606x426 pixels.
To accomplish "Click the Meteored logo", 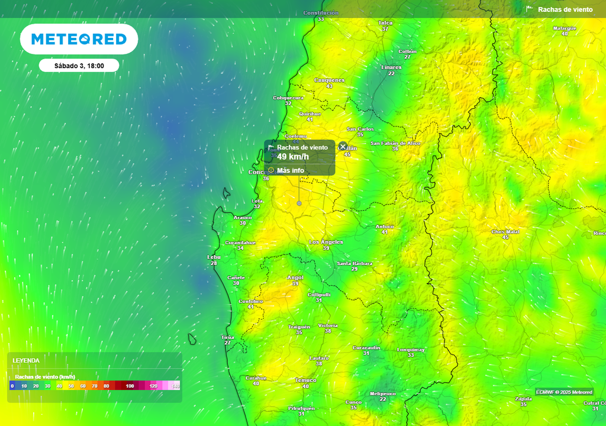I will click(x=79, y=39).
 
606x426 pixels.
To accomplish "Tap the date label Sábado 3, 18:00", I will click(x=79, y=66).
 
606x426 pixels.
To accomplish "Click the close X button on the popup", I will click(x=343, y=146).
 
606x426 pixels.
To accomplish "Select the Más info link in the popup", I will click(x=290, y=170).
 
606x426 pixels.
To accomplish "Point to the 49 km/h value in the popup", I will click(x=293, y=157).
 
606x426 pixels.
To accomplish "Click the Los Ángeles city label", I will click(x=326, y=242).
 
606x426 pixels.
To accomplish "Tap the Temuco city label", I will click(x=305, y=380).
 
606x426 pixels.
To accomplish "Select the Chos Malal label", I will click(x=505, y=231).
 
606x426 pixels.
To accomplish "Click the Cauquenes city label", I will click(x=329, y=80).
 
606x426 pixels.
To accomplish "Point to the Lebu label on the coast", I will click(x=214, y=257).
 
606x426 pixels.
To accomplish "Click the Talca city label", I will click(x=385, y=22).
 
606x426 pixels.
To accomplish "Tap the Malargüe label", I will click(x=564, y=28).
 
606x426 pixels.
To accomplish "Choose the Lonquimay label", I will click(x=411, y=350).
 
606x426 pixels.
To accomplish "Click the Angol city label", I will click(x=295, y=277).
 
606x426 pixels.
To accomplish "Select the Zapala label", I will click(x=523, y=399).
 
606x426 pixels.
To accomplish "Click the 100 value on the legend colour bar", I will click(x=130, y=386).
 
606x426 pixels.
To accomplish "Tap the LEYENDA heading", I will click(x=26, y=360).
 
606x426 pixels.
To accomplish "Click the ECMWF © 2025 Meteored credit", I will click(x=563, y=392).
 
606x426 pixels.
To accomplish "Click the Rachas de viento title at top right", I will click(x=565, y=9).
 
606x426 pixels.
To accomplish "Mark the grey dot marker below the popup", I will click(x=299, y=203).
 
